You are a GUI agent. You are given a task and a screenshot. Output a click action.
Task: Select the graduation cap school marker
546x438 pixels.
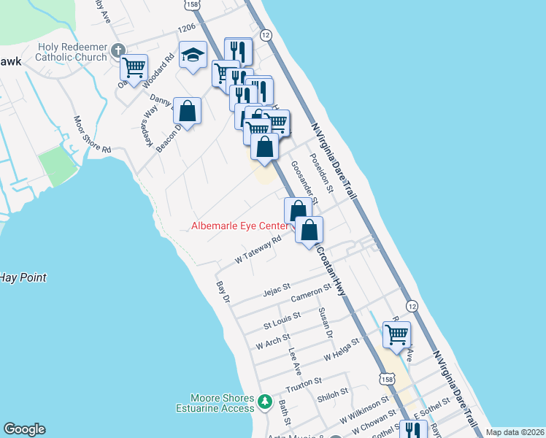click(x=193, y=55)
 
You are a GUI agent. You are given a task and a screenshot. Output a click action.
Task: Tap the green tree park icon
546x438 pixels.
click(x=265, y=401)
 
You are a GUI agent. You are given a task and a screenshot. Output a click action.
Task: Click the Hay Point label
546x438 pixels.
click(x=23, y=277)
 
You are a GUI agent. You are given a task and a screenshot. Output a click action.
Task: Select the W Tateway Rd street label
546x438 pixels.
click(x=258, y=250)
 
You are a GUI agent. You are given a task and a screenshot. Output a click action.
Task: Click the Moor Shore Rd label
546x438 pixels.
click(x=91, y=134)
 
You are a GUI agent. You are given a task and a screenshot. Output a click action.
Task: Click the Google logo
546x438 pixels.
click(x=24, y=429)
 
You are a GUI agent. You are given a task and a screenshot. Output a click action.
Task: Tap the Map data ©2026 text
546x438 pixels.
click(x=515, y=432)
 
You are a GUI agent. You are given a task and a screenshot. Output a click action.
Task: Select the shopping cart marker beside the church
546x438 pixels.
click(x=134, y=67)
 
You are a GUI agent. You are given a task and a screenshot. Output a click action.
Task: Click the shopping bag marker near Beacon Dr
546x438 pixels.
click(x=188, y=112)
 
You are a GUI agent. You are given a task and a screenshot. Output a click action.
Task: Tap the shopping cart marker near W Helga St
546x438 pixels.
click(x=396, y=334)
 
